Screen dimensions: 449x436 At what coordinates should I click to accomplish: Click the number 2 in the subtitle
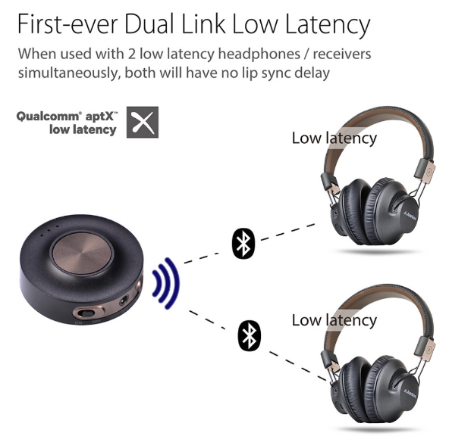[131, 54]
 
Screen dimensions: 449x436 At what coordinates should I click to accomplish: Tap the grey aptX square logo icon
[143, 123]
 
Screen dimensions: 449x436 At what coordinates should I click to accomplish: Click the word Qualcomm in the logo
[47, 117]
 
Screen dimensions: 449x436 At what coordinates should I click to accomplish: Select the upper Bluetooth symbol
[243, 244]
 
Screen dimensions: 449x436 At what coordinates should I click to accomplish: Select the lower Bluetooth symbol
[250, 335]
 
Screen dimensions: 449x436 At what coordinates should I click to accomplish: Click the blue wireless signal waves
[166, 283]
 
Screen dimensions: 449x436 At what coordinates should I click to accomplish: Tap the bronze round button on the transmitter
[82, 254]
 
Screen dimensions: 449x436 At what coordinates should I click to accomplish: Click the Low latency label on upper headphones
[334, 139]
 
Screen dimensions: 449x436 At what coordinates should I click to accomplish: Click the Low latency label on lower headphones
[334, 321]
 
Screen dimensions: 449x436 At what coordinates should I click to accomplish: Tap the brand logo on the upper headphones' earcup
[410, 216]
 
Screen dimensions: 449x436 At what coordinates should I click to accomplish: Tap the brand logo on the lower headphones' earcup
[410, 394]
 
